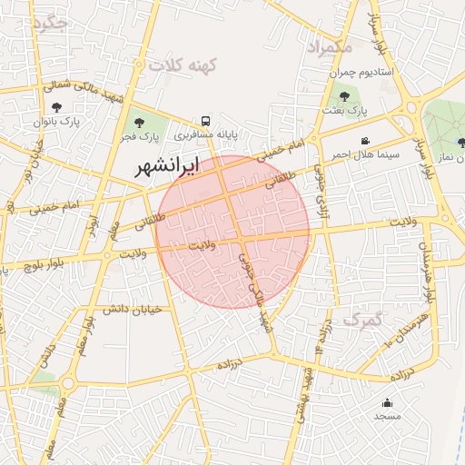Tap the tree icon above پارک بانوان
[x=57, y=108]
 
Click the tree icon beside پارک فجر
[x=139, y=122]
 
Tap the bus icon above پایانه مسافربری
[x=206, y=121]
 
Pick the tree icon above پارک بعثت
[x=343, y=95]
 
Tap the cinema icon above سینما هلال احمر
[x=364, y=141]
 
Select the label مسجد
[x=387, y=416]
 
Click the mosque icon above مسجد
[x=387, y=402]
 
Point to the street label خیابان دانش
[x=137, y=309]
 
